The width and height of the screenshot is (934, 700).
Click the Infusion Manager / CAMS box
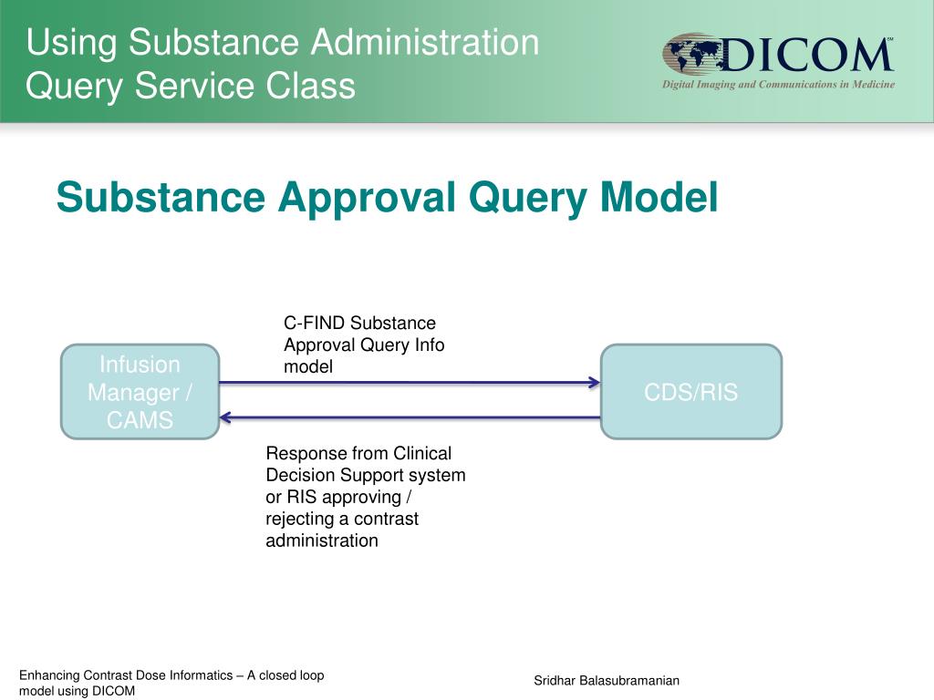[x=140, y=392]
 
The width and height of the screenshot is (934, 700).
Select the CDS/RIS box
[x=690, y=392]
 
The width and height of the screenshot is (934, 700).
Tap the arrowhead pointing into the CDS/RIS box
[x=594, y=383]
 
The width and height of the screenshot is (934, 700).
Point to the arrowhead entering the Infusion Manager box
[x=226, y=417]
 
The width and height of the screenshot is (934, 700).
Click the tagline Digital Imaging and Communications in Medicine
[x=778, y=85]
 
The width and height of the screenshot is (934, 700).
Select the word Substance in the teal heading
[x=161, y=197]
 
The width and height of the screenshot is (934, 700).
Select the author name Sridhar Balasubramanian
[x=607, y=681]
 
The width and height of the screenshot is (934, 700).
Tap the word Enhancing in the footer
[x=49, y=675]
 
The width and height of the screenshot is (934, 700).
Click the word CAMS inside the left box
[x=140, y=421]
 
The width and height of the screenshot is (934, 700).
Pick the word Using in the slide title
[x=73, y=43]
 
